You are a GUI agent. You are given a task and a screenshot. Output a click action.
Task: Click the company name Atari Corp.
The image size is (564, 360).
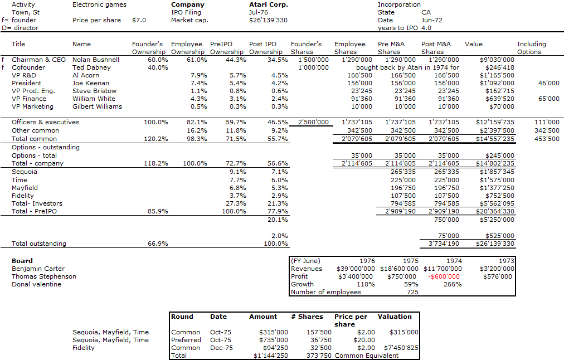268,4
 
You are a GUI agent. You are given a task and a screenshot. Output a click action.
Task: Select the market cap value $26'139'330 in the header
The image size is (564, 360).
268,20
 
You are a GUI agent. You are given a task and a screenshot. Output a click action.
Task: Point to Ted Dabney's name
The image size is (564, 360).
91,67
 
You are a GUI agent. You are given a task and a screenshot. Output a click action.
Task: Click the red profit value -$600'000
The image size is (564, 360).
444,276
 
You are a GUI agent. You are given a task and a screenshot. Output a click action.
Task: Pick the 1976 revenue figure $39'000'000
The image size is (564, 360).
356,269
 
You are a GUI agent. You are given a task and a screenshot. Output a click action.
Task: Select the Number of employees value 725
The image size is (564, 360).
412,292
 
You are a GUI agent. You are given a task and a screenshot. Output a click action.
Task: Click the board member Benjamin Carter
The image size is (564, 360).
38,269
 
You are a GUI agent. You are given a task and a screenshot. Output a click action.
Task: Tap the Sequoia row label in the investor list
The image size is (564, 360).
25,172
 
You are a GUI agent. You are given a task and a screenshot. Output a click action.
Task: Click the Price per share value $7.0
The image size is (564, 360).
139,20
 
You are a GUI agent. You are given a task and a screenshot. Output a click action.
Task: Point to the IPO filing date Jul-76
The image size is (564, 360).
258,12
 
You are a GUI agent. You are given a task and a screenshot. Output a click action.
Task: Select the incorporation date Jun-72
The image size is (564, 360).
431,20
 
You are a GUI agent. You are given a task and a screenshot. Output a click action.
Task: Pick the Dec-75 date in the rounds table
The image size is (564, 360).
221,348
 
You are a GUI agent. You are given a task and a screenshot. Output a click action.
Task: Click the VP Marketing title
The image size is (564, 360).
32,106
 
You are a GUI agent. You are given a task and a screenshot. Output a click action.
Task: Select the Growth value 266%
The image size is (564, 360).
453,284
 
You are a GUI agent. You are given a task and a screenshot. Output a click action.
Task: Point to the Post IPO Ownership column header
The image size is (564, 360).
266,48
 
